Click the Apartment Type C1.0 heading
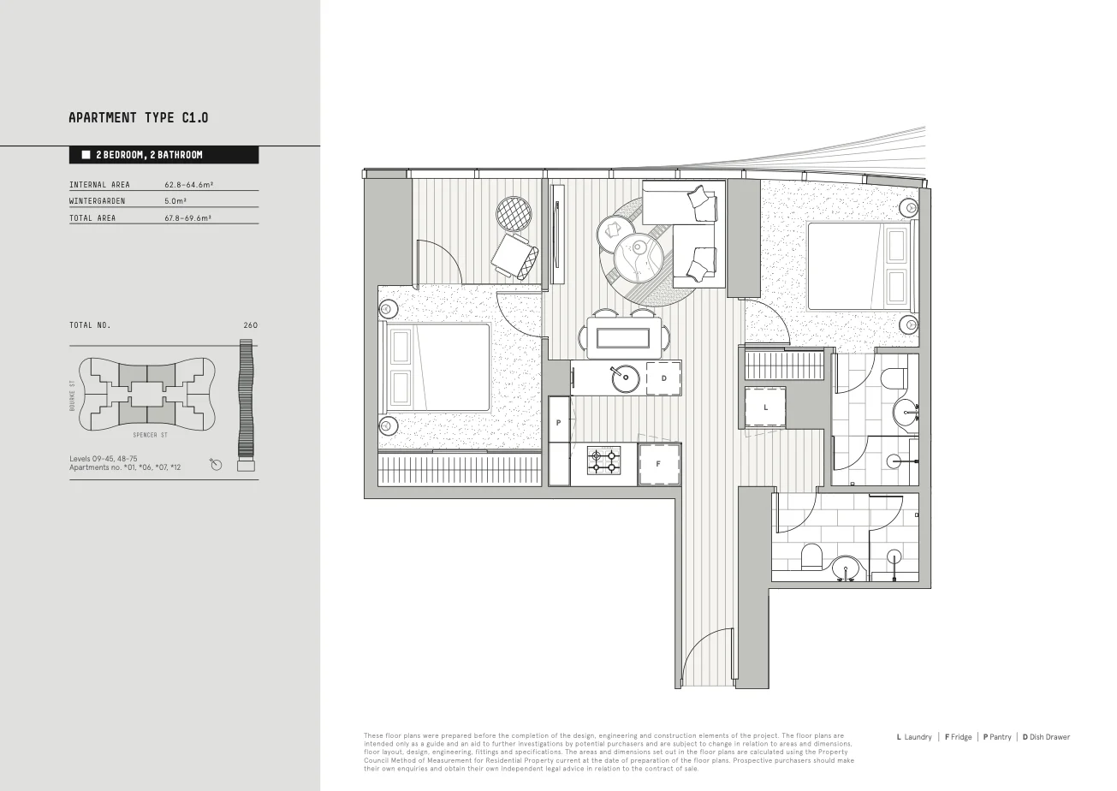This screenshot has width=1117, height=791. tap(138, 117)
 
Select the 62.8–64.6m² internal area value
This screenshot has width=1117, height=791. tap(188, 185)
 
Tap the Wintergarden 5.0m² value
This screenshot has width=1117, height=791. tap(175, 201)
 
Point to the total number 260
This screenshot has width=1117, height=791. tap(250, 325)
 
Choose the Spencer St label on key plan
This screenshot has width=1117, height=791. tap(150, 435)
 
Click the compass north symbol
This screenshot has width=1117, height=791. tap(216, 464)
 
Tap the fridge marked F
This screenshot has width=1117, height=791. tap(659, 464)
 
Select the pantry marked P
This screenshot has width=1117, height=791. tap(558, 424)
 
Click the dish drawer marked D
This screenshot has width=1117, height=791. tap(663, 378)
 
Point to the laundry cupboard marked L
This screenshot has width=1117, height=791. tap(765, 407)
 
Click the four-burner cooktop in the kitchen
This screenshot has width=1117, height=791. tap(603, 461)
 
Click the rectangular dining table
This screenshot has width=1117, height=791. tap(623, 337)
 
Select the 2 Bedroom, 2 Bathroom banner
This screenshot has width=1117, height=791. tap(163, 155)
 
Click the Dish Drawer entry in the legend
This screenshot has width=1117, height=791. tap(1045, 737)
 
